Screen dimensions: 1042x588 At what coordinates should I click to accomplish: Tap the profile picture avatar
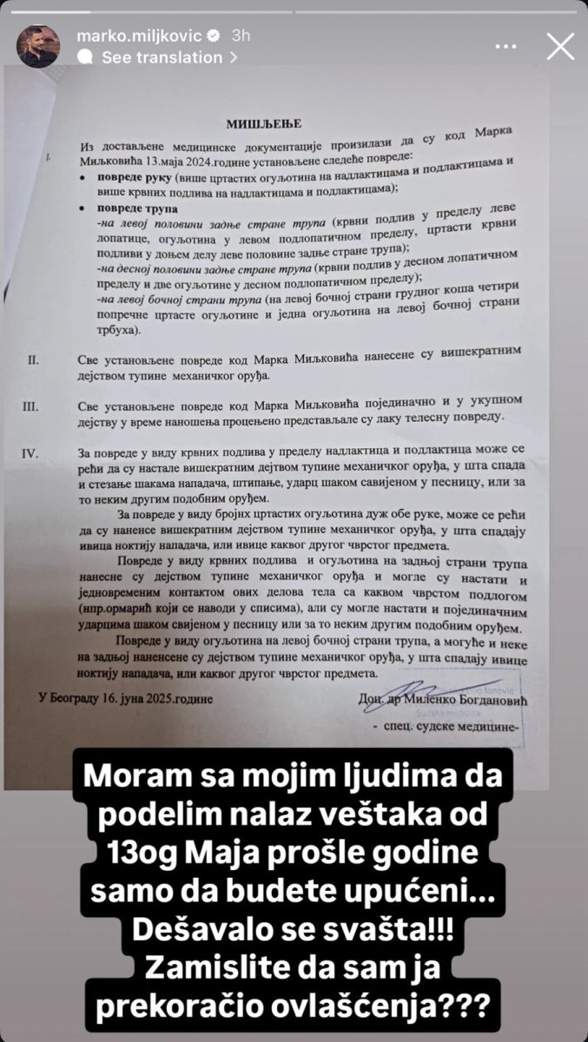point(38,46)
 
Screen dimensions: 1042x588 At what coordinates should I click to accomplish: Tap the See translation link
point(162,57)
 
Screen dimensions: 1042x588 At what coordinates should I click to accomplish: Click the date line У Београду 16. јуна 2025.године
point(125,696)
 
